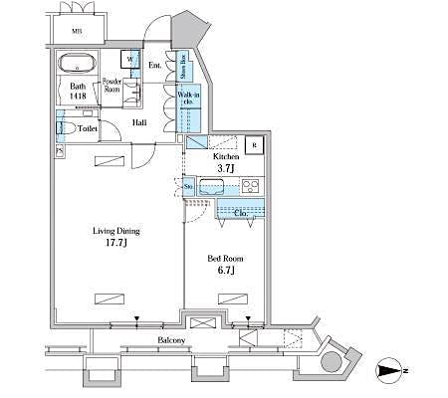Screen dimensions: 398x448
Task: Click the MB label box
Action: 77,31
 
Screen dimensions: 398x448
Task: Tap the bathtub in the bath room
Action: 76,66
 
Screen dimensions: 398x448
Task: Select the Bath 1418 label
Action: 79,92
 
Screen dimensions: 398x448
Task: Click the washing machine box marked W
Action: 130,58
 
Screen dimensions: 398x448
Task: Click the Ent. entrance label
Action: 156,66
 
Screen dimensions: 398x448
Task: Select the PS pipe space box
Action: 60,151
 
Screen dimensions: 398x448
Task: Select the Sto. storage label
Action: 188,185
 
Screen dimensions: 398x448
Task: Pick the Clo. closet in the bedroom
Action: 239,212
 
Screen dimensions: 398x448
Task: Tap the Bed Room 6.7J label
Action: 225,264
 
